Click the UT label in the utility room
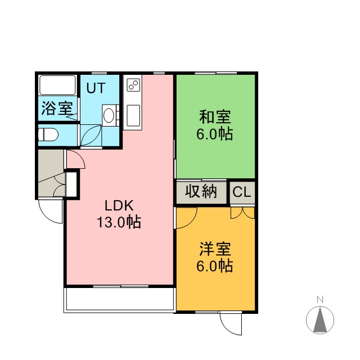pyautogui.click(x=96, y=88)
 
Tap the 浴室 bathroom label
pyautogui.click(x=57, y=108)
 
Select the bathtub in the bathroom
pyautogui.click(x=57, y=85)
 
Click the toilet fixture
pyautogui.click(x=48, y=134)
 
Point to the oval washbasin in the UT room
pyautogui.click(x=109, y=115)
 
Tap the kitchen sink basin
pyautogui.click(x=133, y=115)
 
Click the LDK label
pyautogui.click(x=119, y=205)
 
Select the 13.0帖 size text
pyautogui.click(x=119, y=222)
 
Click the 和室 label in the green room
pyautogui.click(x=215, y=117)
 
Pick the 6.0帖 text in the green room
pyautogui.click(x=215, y=134)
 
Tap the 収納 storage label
pyautogui.click(x=201, y=191)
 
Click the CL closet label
pyautogui.click(x=242, y=192)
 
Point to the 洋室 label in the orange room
pyautogui.click(x=215, y=249)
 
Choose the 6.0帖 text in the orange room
pyautogui.click(x=215, y=266)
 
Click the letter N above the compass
pyautogui.click(x=320, y=299)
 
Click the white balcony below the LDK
pyautogui.click(x=120, y=299)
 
